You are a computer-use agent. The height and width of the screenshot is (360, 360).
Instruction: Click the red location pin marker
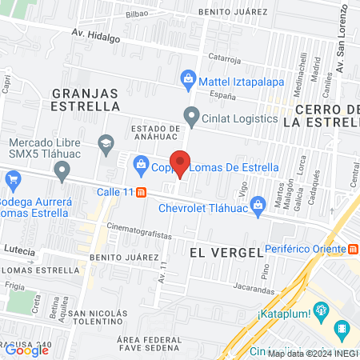181,162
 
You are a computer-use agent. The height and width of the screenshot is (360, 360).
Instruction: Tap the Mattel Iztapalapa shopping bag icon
188,78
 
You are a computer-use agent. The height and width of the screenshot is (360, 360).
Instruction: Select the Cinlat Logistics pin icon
191,118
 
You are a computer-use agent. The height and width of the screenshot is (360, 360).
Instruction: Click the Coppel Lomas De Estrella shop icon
141,166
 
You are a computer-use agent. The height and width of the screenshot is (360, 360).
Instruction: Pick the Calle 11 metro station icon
142,192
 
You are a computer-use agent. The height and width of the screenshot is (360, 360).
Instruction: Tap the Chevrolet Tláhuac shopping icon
258,208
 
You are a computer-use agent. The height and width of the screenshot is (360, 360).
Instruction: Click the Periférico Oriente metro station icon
353,249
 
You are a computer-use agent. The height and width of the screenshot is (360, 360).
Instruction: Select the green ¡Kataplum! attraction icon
320,310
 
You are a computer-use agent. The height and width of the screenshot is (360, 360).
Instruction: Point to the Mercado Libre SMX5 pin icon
62,170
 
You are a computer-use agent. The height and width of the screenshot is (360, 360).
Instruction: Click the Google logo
26,350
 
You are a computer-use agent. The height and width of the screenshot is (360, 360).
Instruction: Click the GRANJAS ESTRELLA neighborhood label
86,98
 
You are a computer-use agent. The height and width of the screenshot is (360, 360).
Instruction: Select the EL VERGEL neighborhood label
226,251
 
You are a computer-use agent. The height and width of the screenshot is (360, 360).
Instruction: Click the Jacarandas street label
254,285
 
